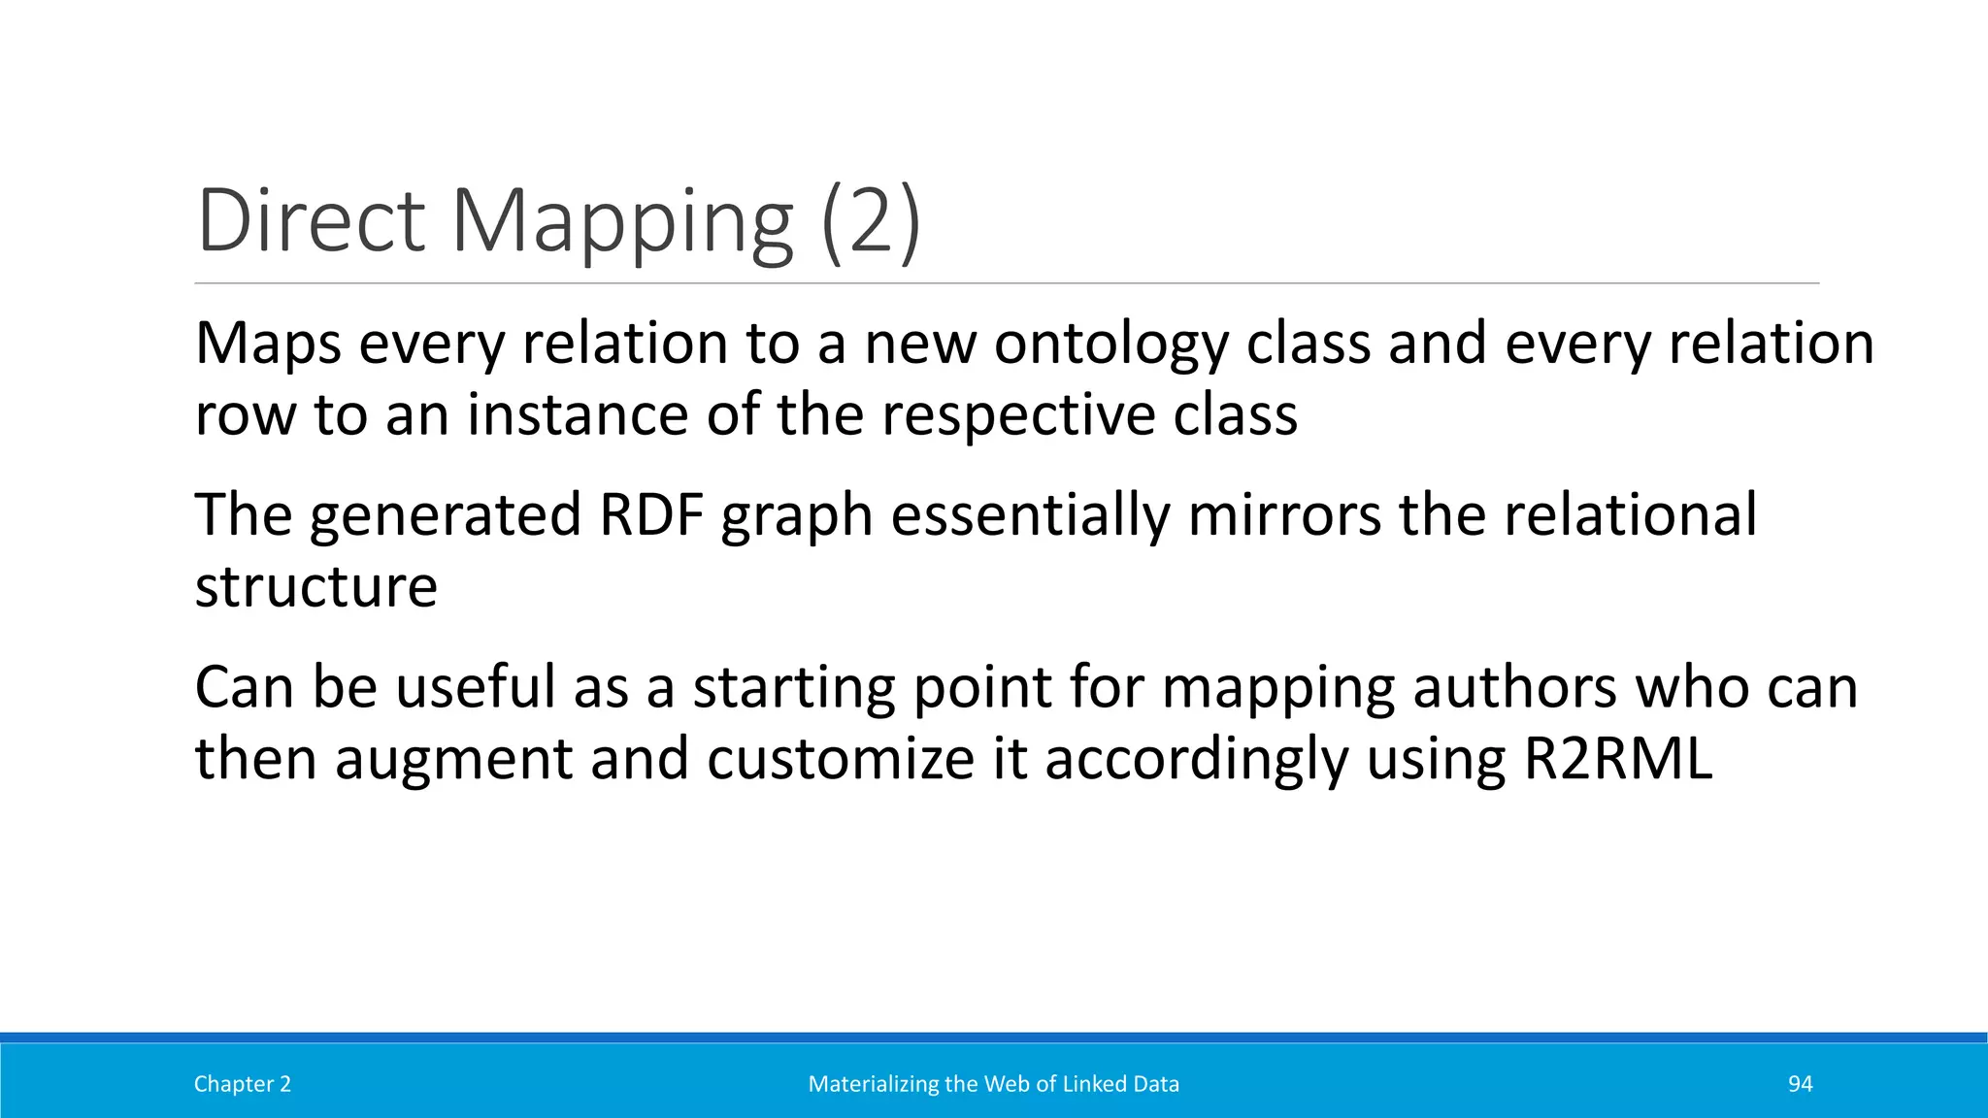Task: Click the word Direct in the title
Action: pos(311,221)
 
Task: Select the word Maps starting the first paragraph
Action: pos(268,344)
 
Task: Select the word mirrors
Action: pos(1283,514)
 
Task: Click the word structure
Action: pos(316,586)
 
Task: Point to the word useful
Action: pos(476,687)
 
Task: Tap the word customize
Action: pos(840,759)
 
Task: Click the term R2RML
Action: pos(1618,759)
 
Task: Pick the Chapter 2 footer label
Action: pos(243,1084)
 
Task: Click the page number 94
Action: pos(1800,1084)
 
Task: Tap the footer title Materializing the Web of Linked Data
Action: pos(994,1084)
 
